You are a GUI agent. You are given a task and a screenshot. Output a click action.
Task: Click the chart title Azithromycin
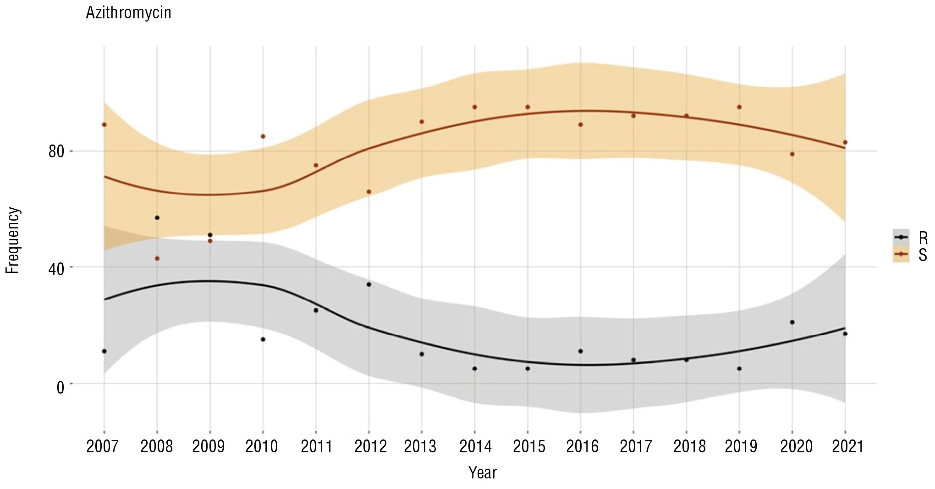128,13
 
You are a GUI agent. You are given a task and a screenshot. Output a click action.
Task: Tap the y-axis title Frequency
13,240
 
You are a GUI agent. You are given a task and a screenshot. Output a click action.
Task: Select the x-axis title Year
482,472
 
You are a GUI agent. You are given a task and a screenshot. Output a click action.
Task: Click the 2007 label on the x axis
102,446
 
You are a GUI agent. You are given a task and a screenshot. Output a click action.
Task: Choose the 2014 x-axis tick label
475,446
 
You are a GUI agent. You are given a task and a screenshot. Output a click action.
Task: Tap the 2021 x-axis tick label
847,446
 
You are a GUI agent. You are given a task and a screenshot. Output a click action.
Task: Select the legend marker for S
901,254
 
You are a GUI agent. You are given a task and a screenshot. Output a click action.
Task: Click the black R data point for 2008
157,217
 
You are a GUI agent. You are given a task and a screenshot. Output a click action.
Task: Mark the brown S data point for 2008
157,258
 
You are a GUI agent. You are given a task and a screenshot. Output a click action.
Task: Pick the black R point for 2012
369,284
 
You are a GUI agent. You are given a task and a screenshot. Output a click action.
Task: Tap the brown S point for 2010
263,136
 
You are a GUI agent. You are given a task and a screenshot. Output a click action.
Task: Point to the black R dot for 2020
792,322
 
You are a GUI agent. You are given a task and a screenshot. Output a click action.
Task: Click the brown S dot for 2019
739,107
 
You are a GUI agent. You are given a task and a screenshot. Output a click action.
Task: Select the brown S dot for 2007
104,124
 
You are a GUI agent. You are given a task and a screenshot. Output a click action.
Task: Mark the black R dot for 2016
581,351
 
